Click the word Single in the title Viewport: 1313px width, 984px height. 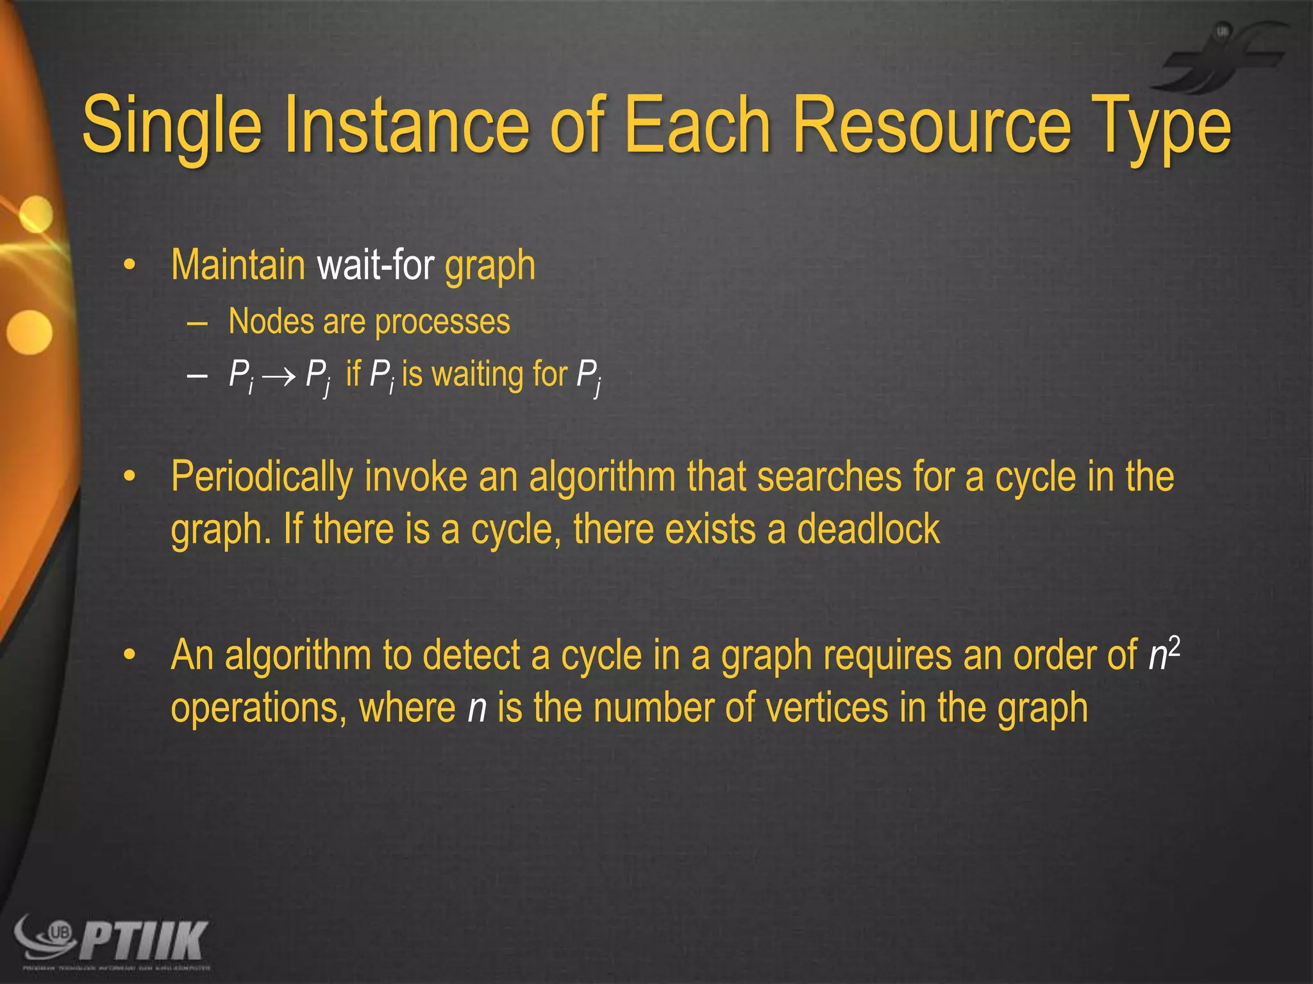pyautogui.click(x=172, y=126)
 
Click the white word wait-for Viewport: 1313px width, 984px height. pyautogui.click(x=375, y=265)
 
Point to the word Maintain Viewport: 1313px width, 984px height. pyautogui.click(x=238, y=265)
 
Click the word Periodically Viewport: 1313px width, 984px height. pyautogui.click(x=262, y=478)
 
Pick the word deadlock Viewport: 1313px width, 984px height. pyautogui.click(x=868, y=530)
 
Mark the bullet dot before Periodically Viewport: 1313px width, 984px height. pyautogui.click(x=130, y=477)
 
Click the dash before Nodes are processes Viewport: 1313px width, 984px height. pyautogui.click(x=197, y=322)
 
